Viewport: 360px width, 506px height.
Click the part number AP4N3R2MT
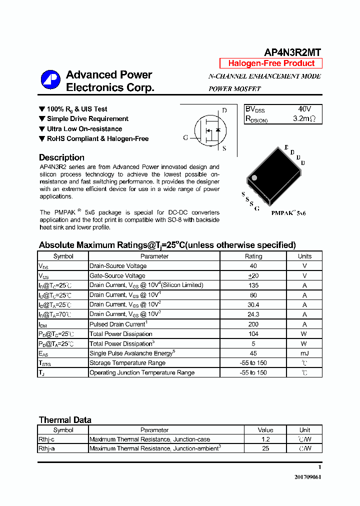coord(292,52)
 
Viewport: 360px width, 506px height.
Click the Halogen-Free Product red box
coord(271,63)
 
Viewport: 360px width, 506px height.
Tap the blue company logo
coord(50,81)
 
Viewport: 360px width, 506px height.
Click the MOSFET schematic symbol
coord(207,129)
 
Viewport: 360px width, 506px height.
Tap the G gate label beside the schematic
coord(185,138)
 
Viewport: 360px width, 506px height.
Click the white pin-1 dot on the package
coord(254,177)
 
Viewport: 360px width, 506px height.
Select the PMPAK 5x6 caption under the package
coord(288,213)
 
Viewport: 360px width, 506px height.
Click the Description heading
coord(61,157)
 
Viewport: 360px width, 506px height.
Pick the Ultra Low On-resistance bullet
coord(84,129)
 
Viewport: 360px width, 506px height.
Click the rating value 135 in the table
coord(253,285)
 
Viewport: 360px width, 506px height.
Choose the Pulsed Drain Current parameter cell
coord(118,324)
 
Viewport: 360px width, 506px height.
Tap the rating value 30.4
coord(253,304)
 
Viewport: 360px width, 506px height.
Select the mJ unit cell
coord(304,353)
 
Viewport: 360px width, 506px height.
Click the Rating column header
coord(253,256)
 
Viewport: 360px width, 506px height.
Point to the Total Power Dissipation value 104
coord(253,334)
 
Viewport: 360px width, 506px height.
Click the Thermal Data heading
coord(65,420)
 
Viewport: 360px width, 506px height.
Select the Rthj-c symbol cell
coord(46,439)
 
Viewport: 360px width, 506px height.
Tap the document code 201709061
coord(307,477)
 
